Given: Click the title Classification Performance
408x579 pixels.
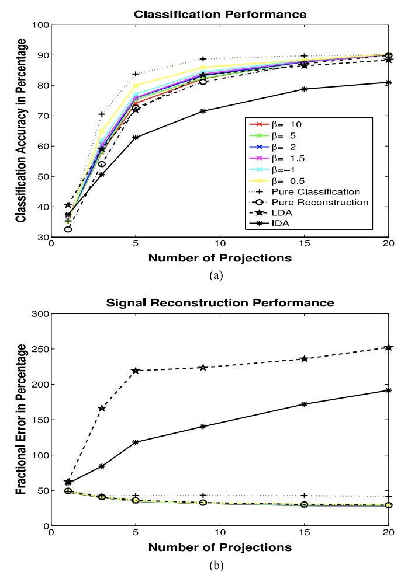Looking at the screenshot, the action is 220,15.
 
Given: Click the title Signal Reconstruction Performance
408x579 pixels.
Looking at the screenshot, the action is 220,303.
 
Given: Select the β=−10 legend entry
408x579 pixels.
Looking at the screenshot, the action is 275,124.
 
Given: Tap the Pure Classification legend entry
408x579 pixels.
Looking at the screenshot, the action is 304,191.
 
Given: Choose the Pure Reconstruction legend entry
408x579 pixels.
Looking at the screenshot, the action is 309,203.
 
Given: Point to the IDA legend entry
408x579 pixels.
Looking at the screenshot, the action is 269,223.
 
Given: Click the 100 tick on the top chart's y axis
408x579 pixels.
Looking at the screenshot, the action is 42,25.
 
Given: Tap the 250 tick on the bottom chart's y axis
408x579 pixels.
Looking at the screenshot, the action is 42,349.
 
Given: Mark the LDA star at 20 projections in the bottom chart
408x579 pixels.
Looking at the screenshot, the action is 388,347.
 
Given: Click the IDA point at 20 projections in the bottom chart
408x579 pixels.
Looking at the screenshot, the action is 388,390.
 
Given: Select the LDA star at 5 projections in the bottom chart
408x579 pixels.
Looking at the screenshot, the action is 136,371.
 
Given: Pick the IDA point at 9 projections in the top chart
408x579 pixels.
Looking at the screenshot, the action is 203,111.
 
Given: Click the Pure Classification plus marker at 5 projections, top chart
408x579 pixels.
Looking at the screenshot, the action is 136,74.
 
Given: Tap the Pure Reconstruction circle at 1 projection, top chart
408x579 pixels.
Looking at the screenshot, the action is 68,229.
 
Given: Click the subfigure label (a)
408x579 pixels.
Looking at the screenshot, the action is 216,275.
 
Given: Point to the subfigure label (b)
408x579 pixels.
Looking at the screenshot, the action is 216,566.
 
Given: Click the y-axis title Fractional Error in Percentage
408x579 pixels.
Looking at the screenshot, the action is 22,419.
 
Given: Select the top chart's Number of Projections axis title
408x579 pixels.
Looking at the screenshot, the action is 220,258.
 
